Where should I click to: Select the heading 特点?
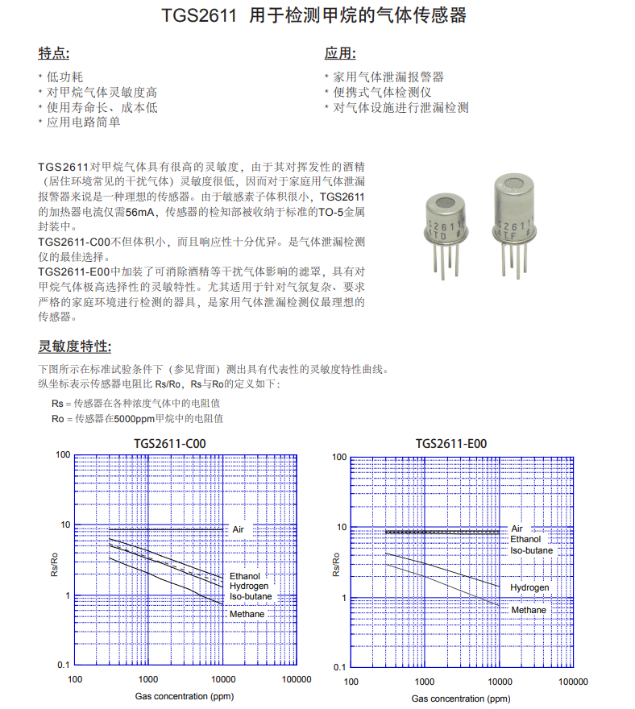pyautogui.click(x=54, y=54)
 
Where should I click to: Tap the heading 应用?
pyautogui.click(x=340, y=54)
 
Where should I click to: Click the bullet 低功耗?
pyautogui.click(x=64, y=77)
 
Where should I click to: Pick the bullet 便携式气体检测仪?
pyautogui.click(x=383, y=92)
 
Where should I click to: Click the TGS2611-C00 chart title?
pyautogui.click(x=164, y=443)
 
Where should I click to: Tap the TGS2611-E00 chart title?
pyautogui.click(x=450, y=443)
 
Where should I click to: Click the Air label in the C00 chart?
pyautogui.click(x=238, y=529)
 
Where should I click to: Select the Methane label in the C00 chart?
pyautogui.click(x=247, y=614)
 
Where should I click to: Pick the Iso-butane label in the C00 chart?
pyautogui.click(x=251, y=596)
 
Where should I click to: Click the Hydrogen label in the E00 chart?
pyautogui.click(x=529, y=587)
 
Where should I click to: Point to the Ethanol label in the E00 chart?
pyautogui.click(x=525, y=539)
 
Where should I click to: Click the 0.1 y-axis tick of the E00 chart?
pyautogui.click(x=339, y=667)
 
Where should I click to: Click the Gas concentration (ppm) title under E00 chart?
pyautogui.click(x=460, y=699)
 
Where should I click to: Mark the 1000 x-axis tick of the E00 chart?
pyautogui.click(x=424, y=682)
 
